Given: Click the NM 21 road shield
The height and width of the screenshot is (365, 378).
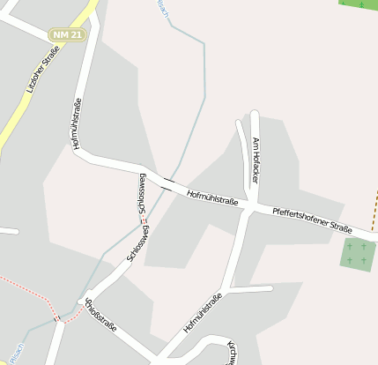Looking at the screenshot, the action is pos(66,34).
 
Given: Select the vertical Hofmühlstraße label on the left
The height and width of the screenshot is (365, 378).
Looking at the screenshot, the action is pos(78,123).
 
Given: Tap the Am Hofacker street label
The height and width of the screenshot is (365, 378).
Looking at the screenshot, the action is pos(256,160).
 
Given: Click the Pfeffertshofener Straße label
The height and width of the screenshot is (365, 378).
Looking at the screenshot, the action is pos(312,220).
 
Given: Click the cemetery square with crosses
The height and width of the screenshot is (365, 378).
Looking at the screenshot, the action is pos(356,254).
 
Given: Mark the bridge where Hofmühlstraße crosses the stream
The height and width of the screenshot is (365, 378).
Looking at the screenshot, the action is pos(167,182).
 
